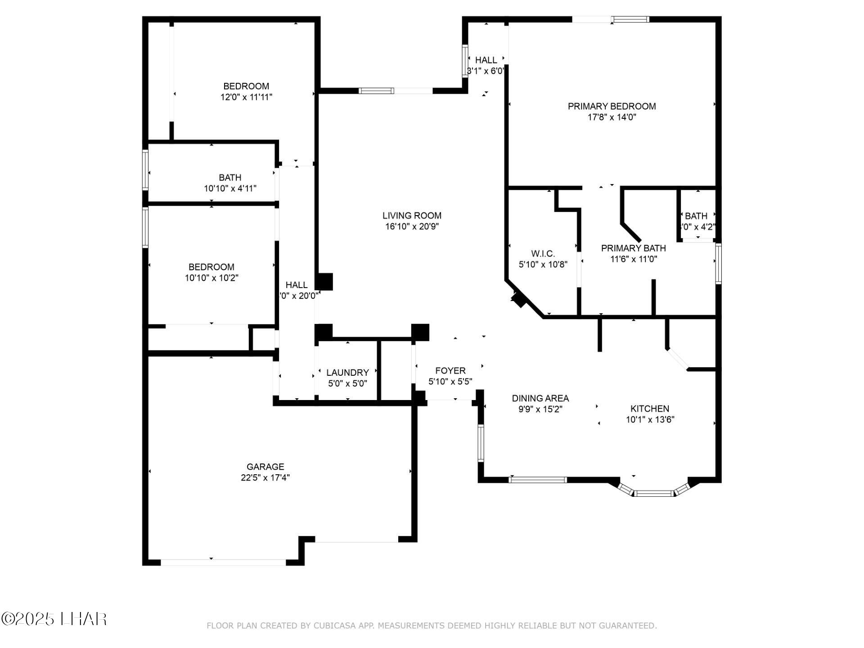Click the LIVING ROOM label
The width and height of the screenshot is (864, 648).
click(412, 216)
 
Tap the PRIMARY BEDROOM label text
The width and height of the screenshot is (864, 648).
click(612, 106)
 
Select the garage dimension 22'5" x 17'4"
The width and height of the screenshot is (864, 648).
click(265, 477)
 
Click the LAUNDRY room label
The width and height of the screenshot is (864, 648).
click(347, 373)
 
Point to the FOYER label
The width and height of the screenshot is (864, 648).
click(450, 371)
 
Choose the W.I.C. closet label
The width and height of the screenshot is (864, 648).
click(543, 253)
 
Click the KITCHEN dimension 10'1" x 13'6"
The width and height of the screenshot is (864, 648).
click(650, 419)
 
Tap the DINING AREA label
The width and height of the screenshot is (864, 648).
click(540, 398)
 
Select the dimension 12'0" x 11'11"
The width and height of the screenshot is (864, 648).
click(246, 97)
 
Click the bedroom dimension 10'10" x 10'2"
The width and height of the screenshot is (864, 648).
click(211, 278)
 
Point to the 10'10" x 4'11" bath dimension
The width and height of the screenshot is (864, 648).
click(230, 188)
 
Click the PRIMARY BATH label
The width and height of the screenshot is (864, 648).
click(633, 248)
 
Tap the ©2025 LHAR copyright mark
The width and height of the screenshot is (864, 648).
click(54, 619)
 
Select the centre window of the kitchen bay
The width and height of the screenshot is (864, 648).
click(655, 494)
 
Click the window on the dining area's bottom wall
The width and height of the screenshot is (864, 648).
click(537, 480)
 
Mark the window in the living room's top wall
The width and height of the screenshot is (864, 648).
click(376, 91)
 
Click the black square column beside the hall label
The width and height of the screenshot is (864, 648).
click(324, 282)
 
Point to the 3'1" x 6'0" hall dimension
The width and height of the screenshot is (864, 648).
click(486, 71)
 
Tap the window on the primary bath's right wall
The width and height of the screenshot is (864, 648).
click(718, 264)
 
